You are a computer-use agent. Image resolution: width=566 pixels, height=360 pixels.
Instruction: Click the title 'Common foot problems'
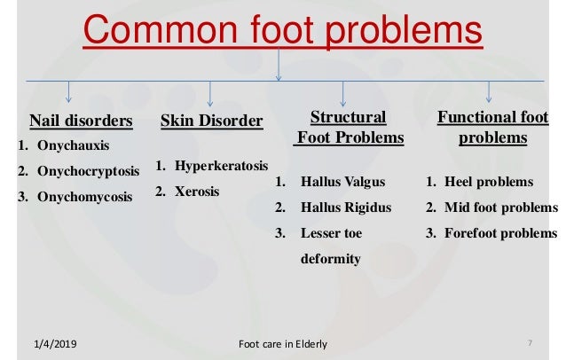point(283,33)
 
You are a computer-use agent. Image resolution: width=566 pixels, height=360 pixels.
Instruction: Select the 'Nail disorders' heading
point(82,121)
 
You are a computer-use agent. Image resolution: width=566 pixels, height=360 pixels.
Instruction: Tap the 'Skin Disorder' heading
point(211,121)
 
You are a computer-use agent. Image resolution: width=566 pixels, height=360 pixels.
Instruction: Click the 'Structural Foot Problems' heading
point(349,128)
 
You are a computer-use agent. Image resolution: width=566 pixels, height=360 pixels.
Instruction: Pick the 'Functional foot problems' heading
point(492,128)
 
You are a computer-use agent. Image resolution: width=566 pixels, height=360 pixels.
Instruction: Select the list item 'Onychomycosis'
point(83,196)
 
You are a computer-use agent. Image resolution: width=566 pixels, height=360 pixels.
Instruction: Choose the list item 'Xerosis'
point(197,191)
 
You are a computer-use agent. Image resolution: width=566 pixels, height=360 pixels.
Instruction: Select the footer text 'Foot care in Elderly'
point(283,343)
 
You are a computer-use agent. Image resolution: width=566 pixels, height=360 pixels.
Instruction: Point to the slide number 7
point(529,342)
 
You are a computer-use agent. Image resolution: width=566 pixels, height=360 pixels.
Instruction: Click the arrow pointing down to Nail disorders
point(69,91)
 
